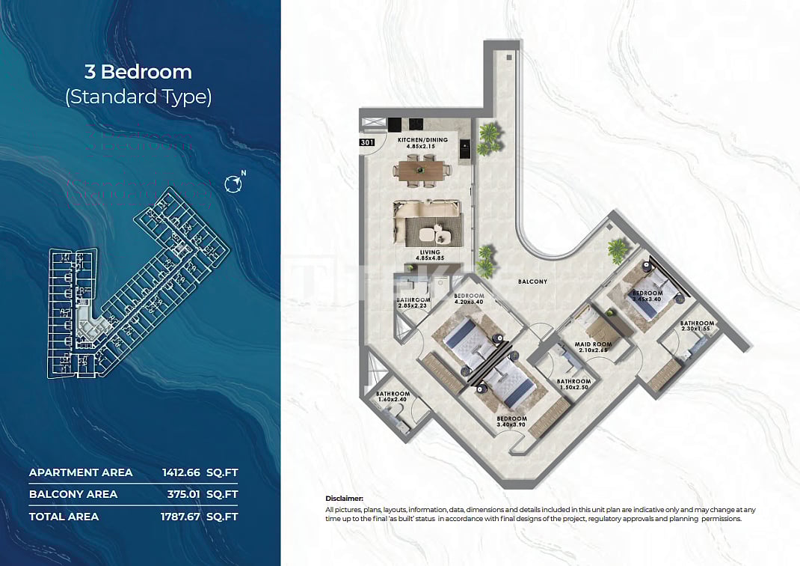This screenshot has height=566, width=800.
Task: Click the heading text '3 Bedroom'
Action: pyautogui.click(x=138, y=72)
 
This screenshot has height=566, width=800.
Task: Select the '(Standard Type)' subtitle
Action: pyautogui.click(x=138, y=97)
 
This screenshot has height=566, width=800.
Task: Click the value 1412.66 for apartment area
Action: pyautogui.click(x=182, y=472)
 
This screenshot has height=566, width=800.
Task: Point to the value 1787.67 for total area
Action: pyautogui.click(x=182, y=516)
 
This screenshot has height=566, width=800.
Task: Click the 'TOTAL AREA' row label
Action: pyautogui.click(x=64, y=516)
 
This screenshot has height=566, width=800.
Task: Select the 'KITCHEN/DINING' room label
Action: pyautogui.click(x=422, y=140)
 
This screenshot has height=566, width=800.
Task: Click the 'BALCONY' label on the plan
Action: pyautogui.click(x=533, y=282)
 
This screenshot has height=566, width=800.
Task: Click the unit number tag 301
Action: pyautogui.click(x=367, y=141)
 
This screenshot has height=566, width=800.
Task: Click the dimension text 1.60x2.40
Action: pyautogui.click(x=393, y=400)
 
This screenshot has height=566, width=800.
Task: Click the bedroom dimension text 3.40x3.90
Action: pyautogui.click(x=511, y=425)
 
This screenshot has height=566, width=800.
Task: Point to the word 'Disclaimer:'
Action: pyautogui.click(x=345, y=498)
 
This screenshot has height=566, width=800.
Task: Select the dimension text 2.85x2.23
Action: pyautogui.click(x=413, y=305)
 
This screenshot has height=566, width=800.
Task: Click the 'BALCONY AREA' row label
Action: pyautogui.click(x=73, y=494)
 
